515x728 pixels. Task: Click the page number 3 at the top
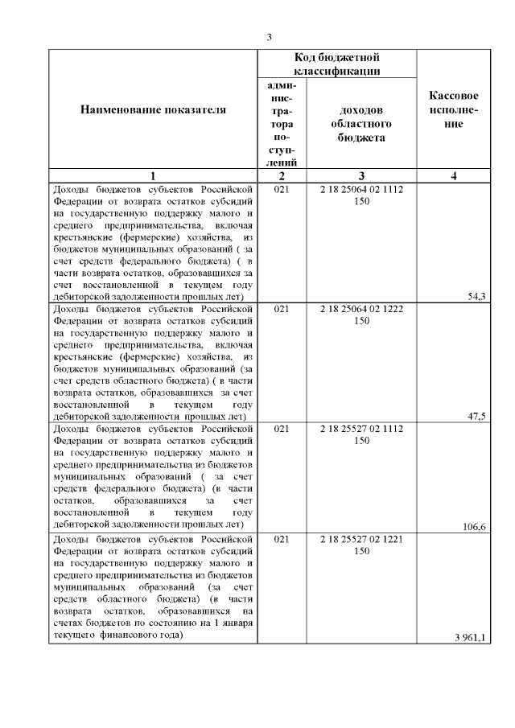(270, 37)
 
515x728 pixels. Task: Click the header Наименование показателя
(153, 109)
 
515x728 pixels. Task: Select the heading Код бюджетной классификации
(336, 64)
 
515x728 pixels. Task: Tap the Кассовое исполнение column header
(455, 109)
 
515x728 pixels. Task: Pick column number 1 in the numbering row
(153, 176)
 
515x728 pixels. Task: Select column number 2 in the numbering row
(282, 176)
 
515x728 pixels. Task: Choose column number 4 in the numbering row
(455, 176)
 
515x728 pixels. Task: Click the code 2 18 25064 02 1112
(361, 190)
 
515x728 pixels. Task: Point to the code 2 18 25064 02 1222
(361, 309)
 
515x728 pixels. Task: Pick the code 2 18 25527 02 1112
(361, 429)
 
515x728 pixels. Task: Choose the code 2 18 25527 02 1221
(361, 539)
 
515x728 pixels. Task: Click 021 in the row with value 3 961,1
(282, 539)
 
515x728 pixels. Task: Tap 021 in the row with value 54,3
(282, 190)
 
